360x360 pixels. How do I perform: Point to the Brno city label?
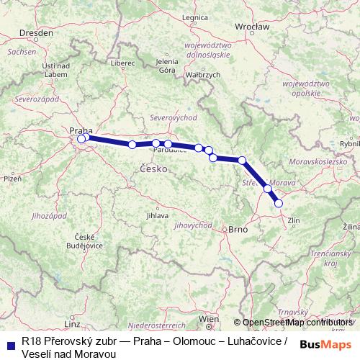(237, 230)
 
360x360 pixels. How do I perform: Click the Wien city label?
(208, 318)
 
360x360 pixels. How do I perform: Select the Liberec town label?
(122, 63)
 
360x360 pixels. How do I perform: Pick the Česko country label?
(153, 168)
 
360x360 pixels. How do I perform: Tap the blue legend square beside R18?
(11, 342)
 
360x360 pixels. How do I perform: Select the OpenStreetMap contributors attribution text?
(293, 322)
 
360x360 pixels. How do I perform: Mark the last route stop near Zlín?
(279, 204)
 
